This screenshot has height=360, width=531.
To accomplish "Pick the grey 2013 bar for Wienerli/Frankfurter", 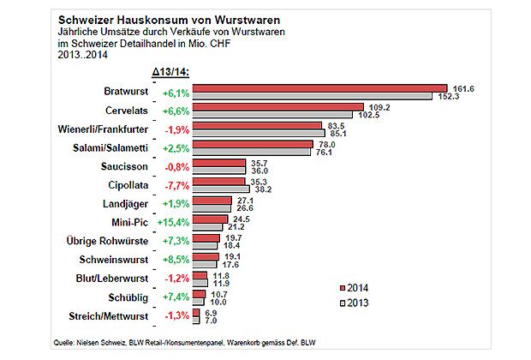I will pos(257,133).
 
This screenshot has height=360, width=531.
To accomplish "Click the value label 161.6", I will pos(462,87).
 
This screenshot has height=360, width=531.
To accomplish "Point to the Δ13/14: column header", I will pos(170,69).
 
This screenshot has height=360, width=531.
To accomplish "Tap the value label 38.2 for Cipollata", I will pos(261,189).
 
